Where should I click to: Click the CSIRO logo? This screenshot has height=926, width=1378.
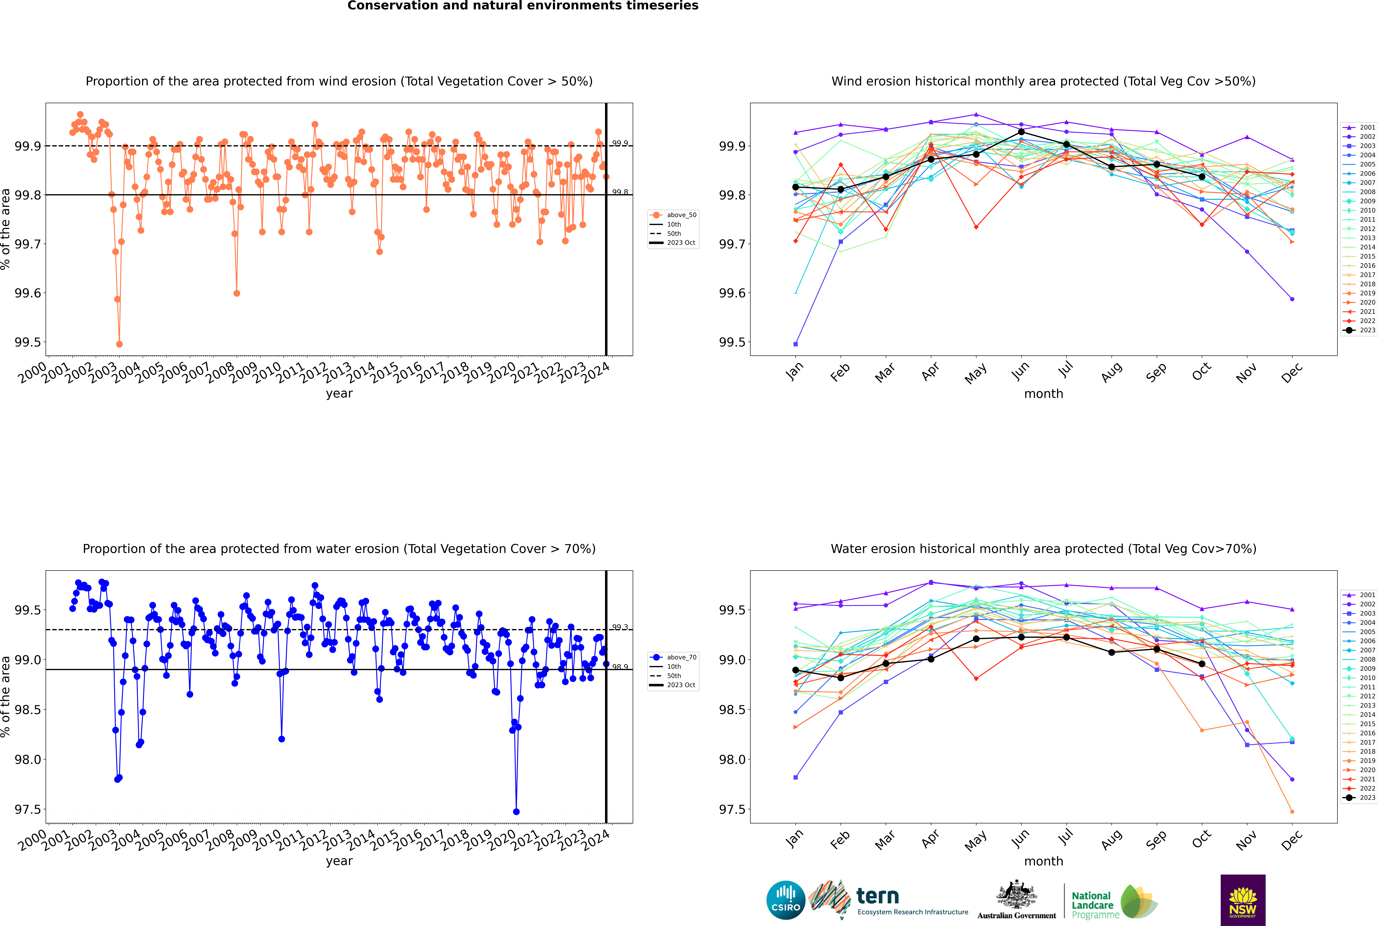(x=786, y=900)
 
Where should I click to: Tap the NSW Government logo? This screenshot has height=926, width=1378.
(x=1243, y=900)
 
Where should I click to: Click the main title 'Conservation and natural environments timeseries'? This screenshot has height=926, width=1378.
(x=523, y=6)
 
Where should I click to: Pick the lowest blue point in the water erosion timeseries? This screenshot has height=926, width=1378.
(x=516, y=811)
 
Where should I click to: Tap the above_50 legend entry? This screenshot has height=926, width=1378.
(x=673, y=215)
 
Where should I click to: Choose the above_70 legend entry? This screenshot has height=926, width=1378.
(x=673, y=657)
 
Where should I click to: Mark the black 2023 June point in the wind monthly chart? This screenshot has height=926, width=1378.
(x=1021, y=132)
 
